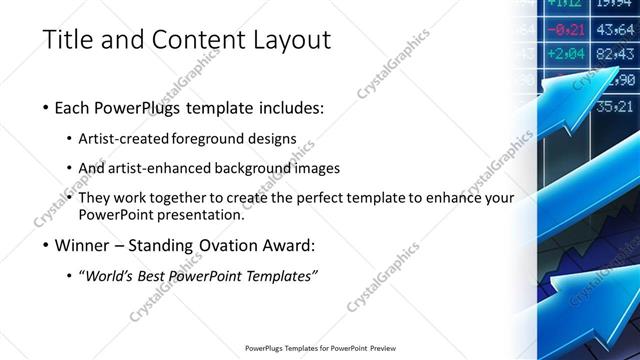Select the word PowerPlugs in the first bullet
138,108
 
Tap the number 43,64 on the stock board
615,29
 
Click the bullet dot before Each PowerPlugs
47,108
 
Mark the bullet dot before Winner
47,245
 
